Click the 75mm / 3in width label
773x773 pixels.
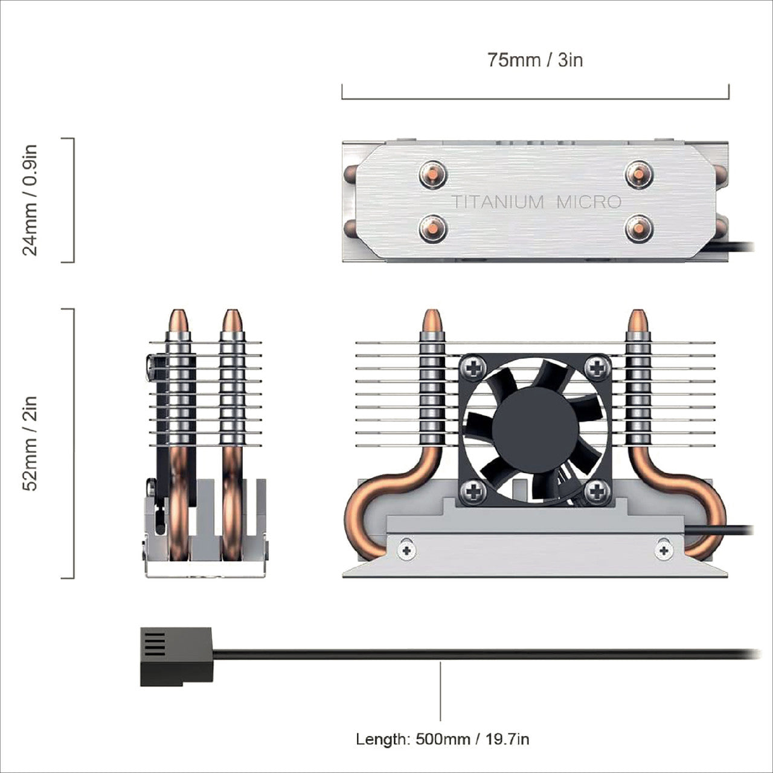535,60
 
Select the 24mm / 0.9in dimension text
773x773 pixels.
30,200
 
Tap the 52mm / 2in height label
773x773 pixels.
30,443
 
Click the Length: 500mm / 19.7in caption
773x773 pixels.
443,739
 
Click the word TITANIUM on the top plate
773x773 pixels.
498,202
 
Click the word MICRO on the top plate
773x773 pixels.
588,202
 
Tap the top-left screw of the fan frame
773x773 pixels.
475,367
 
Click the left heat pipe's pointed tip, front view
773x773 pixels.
432,320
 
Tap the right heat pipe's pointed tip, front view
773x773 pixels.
638,320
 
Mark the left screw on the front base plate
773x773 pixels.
408,550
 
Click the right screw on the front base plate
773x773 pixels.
664,550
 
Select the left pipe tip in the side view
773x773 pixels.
178,320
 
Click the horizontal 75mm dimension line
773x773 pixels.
535,98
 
